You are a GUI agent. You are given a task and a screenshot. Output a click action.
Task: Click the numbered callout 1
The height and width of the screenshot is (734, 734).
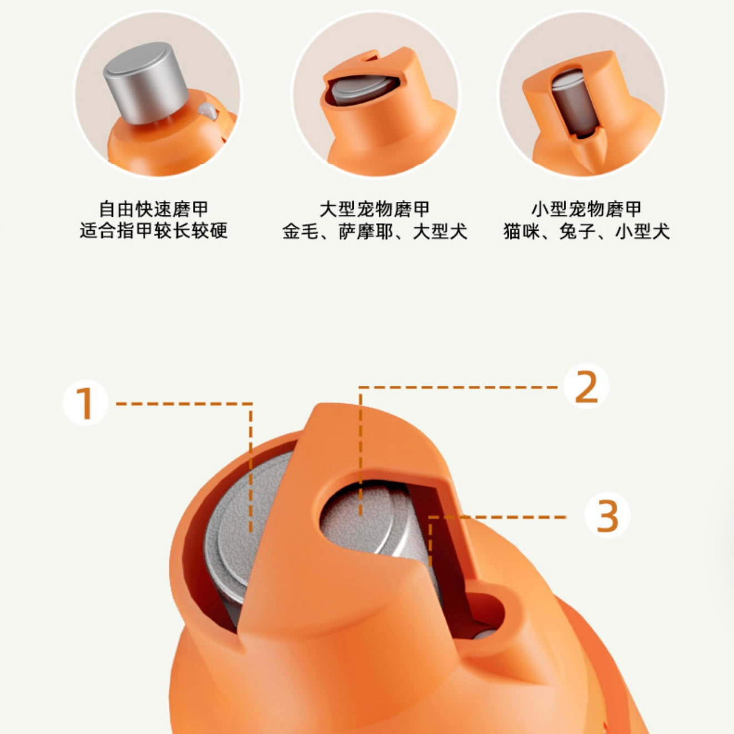[86, 403]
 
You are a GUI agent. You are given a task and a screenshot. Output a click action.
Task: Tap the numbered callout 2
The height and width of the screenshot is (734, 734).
[586, 386]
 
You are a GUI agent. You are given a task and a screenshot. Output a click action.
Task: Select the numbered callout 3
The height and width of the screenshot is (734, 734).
[607, 516]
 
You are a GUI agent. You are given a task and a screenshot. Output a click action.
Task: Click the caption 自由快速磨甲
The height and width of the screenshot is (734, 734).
[154, 209]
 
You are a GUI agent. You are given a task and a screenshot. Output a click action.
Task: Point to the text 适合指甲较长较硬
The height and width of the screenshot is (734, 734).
[154, 231]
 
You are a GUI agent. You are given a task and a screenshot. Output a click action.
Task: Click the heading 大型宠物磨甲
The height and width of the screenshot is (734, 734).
[375, 209]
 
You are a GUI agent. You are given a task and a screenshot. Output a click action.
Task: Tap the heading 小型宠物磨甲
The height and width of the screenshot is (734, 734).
[587, 209]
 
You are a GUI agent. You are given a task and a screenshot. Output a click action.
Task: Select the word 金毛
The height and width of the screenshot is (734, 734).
[300, 231]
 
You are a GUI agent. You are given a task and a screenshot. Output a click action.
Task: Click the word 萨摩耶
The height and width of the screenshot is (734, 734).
[366, 231]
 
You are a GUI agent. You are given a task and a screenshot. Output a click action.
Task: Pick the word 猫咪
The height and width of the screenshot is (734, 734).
[522, 231]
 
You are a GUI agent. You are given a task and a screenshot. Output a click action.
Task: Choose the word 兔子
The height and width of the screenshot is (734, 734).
[577, 231]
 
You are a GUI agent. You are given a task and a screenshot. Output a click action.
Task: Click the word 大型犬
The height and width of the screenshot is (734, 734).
[440, 231]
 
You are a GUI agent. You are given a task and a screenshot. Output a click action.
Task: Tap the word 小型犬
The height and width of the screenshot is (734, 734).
[643, 231]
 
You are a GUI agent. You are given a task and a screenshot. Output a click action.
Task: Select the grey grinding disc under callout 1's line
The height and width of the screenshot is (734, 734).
[244, 525]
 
